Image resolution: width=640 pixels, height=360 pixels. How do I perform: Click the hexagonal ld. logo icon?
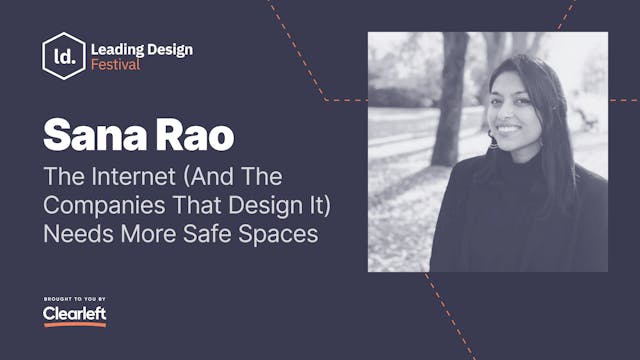pyautogui.click(x=63, y=57)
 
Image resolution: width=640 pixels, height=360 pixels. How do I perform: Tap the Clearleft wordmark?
pyautogui.click(x=74, y=313)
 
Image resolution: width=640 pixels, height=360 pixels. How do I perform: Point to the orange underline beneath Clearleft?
pyautogui.click(x=74, y=324)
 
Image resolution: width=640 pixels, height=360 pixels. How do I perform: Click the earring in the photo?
pyautogui.click(x=493, y=141)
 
